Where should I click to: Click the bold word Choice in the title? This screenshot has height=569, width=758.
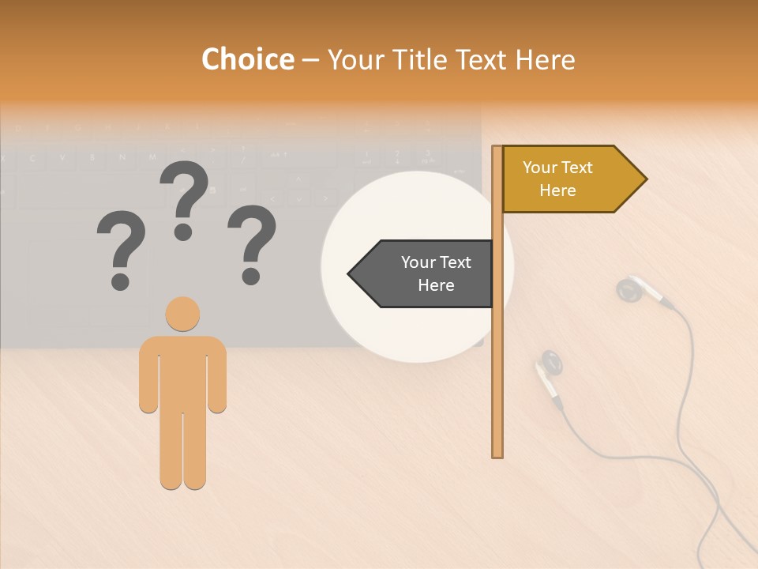(x=247, y=59)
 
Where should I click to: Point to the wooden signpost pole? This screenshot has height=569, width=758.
(x=497, y=356)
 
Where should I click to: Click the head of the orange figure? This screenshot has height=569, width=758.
(x=182, y=314)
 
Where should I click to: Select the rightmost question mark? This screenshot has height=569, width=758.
(x=252, y=243)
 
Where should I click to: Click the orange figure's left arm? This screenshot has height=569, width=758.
(x=148, y=375)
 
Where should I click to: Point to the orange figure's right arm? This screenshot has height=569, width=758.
(x=216, y=375)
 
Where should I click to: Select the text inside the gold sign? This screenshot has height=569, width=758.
(x=557, y=179)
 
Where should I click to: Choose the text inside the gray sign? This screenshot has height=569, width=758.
(x=436, y=273)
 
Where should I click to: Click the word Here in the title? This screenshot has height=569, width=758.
(x=545, y=59)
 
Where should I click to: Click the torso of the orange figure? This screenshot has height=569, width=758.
(x=182, y=371)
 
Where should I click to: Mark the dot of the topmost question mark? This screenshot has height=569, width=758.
(x=183, y=232)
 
